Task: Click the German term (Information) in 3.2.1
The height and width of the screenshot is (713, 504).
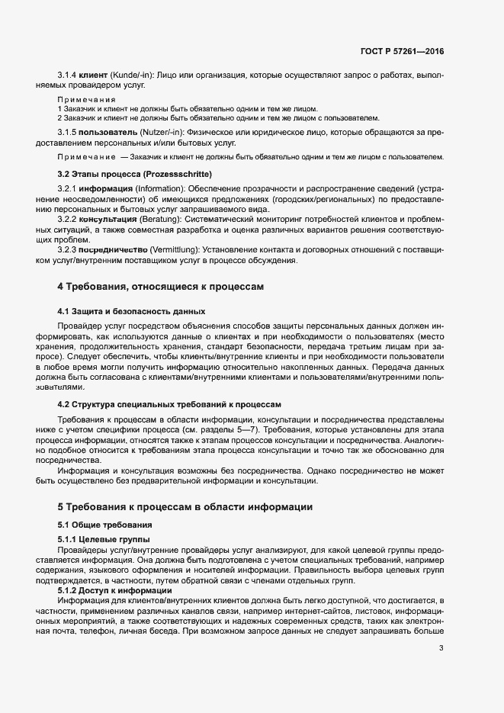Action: click(x=146, y=188)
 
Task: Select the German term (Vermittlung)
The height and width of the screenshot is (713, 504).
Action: click(x=172, y=250)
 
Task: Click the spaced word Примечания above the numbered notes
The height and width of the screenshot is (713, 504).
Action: click(x=87, y=100)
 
